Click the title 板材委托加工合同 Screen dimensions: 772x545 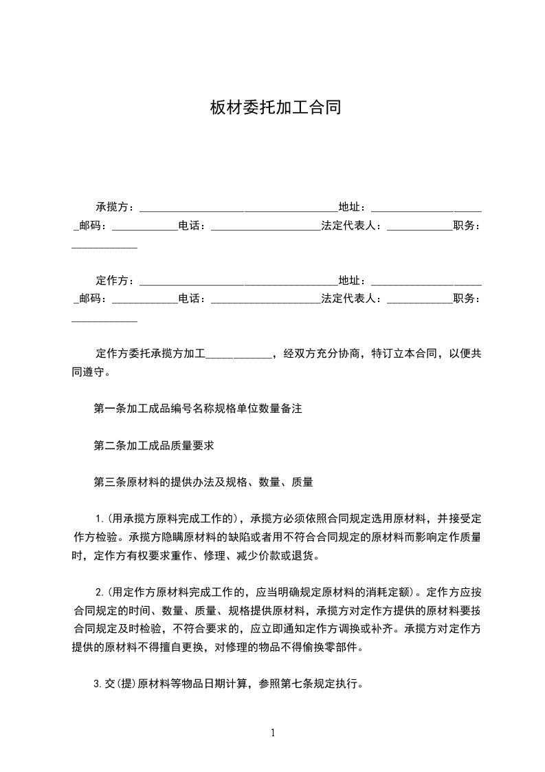pyautogui.click(x=276, y=108)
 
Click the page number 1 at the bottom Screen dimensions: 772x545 pyautogui.click(x=273, y=733)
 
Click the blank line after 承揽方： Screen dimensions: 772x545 pyautogui.click(x=237, y=208)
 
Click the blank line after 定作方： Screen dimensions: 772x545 pyautogui.click(x=237, y=282)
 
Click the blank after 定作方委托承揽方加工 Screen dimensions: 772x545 pyautogui.click(x=239, y=355)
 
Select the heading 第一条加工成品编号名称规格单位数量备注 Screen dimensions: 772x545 pyautogui.click(x=197, y=409)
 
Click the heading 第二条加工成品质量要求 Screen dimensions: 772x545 pyautogui.click(x=154, y=446)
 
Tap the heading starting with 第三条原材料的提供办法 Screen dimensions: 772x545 pyautogui.click(x=203, y=483)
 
